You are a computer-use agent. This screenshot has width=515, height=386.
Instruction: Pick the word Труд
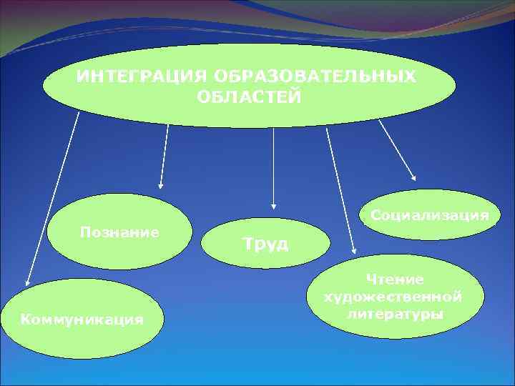click(x=265, y=244)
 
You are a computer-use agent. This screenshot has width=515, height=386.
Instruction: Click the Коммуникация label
click(x=82, y=319)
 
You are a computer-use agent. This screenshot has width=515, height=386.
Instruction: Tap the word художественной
click(x=393, y=296)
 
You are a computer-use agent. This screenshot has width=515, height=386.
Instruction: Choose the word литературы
click(x=393, y=313)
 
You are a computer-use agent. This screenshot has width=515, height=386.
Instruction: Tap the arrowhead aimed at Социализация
click(x=413, y=177)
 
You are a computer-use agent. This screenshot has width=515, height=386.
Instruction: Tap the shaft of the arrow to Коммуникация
click(x=51, y=200)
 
